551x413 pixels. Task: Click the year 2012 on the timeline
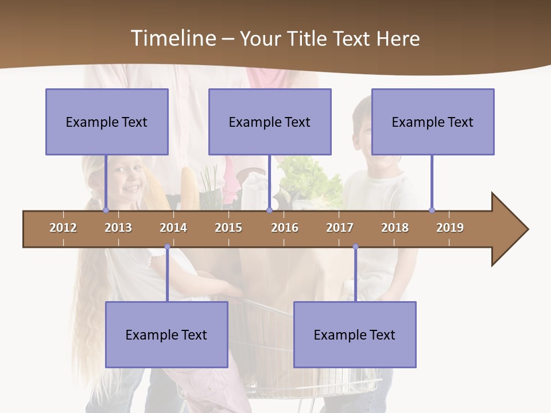pyautogui.click(x=63, y=228)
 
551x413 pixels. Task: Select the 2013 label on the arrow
pyautogui.click(x=118, y=228)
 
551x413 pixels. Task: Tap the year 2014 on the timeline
pyautogui.click(x=173, y=228)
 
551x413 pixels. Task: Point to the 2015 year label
pyautogui.click(x=228, y=228)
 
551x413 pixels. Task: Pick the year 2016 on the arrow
pyautogui.click(x=285, y=228)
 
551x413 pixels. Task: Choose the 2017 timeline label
pyautogui.click(x=340, y=228)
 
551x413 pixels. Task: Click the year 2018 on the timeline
pyautogui.click(x=395, y=228)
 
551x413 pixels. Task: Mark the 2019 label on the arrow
pyautogui.click(x=450, y=228)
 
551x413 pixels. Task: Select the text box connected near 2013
pyautogui.click(x=107, y=122)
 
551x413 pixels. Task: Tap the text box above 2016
pyautogui.click(x=270, y=122)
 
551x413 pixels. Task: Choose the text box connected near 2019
pyautogui.click(x=433, y=122)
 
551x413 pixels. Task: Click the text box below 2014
pyautogui.click(x=166, y=334)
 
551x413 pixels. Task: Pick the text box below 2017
pyautogui.click(x=355, y=334)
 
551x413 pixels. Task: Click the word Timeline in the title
pyautogui.click(x=173, y=38)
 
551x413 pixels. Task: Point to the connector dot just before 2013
pyautogui.click(x=106, y=210)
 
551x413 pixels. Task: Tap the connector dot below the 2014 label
pyautogui.click(x=167, y=247)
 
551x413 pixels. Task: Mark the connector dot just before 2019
pyautogui.click(x=432, y=210)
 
